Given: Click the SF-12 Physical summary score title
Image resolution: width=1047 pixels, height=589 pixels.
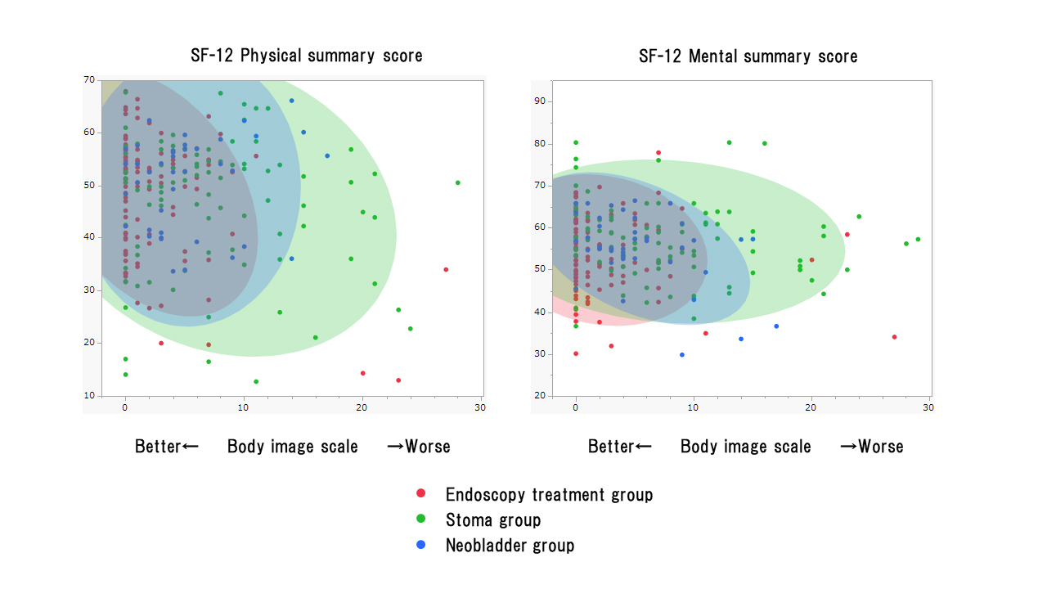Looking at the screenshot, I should point(307,56).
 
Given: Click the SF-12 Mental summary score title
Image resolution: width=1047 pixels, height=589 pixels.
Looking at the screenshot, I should point(748,56).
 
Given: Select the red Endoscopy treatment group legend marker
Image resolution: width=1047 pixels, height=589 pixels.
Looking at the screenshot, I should point(421,493).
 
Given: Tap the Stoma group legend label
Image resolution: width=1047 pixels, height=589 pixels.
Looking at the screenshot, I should point(492,519).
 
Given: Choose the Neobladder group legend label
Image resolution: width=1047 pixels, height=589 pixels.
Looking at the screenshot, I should point(510,545).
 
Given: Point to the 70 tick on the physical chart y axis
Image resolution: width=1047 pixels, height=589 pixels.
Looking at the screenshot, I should point(89,79).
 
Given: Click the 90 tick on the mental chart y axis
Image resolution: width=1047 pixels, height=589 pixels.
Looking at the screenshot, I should point(539,101).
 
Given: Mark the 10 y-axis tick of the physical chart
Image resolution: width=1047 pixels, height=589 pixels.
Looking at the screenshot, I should point(89,395).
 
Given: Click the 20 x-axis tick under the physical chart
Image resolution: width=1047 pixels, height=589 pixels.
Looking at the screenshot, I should point(362,407).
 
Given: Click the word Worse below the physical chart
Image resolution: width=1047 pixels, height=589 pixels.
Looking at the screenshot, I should point(428,446).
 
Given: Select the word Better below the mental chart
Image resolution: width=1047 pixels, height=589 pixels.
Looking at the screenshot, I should point(611,446).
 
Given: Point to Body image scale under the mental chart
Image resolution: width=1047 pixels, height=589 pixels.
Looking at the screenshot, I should point(745,446).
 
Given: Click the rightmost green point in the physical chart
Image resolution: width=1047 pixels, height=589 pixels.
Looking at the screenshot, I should point(457,182).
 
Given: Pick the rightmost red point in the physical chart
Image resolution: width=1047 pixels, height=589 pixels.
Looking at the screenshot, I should point(446,269).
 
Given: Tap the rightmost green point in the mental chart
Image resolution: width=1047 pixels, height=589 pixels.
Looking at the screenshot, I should point(918,239).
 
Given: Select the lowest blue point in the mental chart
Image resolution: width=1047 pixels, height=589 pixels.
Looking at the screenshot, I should point(682,354).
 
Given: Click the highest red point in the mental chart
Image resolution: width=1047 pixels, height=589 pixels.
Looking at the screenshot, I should point(658,153).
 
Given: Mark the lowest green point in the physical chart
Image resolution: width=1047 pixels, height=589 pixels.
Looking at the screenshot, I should point(256,381).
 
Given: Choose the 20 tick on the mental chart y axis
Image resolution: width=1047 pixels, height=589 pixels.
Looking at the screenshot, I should point(539,396).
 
